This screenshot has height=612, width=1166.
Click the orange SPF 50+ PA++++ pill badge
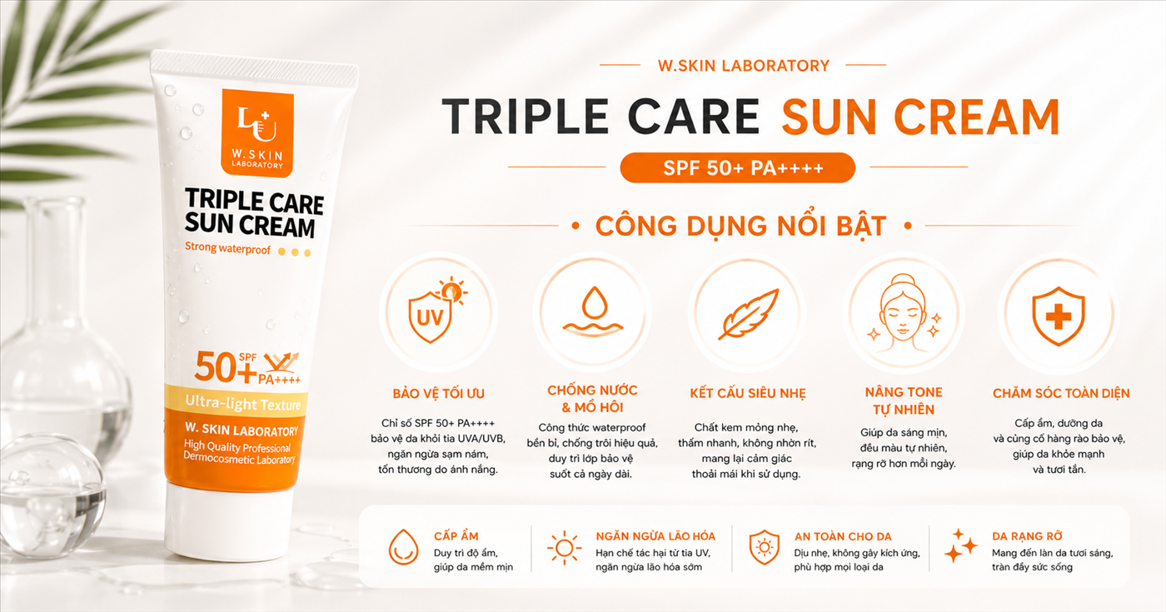[738, 167]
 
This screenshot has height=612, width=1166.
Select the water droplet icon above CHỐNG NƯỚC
[593, 310]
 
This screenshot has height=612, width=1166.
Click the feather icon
[749, 314]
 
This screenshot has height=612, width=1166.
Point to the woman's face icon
[903, 311]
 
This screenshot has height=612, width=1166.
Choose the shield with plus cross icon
[1059, 316]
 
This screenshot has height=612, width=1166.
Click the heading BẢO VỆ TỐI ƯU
[438, 393]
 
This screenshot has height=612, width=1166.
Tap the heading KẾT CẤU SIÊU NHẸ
[748, 393]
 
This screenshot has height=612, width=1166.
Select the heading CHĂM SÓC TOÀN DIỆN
[1061, 393]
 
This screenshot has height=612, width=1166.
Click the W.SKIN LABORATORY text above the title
[743, 66]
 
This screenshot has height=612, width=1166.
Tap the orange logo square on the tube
[257, 132]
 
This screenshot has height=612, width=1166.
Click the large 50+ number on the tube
[226, 367]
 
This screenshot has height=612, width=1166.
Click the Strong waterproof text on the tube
[228, 248]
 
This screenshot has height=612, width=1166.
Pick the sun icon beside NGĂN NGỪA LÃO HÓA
[565, 548]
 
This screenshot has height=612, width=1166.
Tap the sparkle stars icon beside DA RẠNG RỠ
[961, 546]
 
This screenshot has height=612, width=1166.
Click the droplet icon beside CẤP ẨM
[403, 547]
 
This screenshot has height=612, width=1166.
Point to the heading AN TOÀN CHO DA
[843, 536]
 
